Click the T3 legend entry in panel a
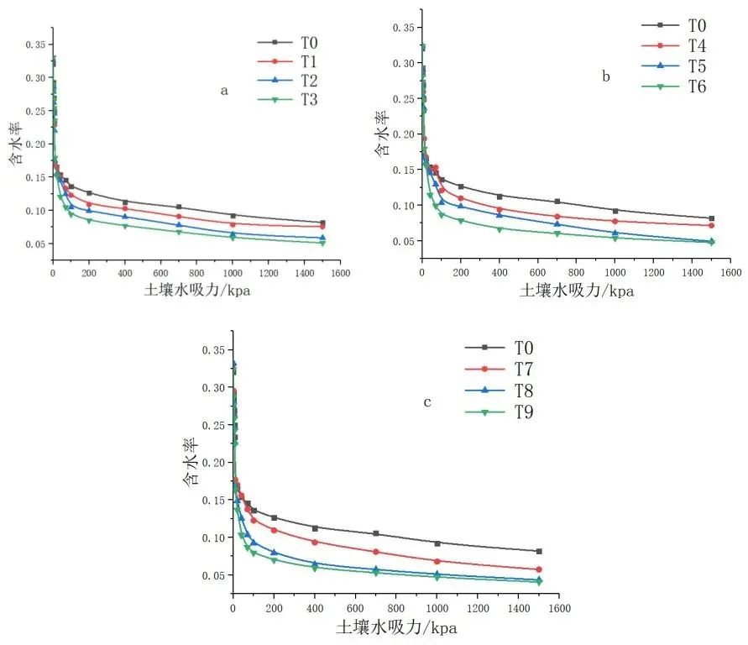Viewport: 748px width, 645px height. point(297,100)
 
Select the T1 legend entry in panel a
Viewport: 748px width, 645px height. point(297,61)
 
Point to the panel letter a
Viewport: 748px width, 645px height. point(224,92)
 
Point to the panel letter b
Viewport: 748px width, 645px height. point(606,77)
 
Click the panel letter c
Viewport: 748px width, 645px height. point(427,403)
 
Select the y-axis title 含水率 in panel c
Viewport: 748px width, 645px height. point(191,462)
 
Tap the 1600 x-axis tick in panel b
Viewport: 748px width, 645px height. point(730,273)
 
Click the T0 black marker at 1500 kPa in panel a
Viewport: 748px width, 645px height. point(322,223)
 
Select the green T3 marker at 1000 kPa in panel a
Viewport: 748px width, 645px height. point(233,237)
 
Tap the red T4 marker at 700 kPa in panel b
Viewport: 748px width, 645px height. point(557,217)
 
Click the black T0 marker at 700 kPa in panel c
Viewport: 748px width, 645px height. point(375,533)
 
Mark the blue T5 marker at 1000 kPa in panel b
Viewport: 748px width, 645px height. point(615,233)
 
